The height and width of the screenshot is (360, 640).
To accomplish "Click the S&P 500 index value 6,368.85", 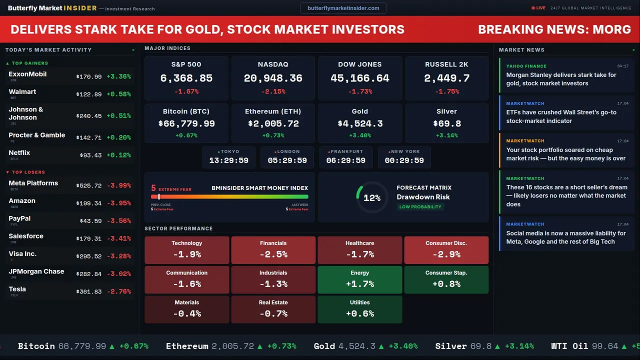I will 186,78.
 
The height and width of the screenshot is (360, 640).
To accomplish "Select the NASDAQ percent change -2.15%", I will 273,91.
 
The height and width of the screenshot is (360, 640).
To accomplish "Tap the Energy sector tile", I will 360,279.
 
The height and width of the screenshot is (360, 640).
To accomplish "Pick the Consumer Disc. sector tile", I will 446,249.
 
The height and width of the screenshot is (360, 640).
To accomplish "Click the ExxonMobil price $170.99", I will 89,77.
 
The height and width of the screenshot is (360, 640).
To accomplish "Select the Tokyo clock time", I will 229,160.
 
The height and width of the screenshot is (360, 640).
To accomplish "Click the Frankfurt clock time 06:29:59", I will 345,160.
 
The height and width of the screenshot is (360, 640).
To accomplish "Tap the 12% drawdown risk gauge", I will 372,198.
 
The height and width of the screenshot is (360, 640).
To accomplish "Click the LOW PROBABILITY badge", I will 420,207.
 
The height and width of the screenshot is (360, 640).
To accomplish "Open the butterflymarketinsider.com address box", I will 343,8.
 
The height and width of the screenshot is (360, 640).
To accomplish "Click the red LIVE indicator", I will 538,8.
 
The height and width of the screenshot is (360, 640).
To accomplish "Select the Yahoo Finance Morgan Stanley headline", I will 561,79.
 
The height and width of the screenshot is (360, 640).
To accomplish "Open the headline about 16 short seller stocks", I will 566,195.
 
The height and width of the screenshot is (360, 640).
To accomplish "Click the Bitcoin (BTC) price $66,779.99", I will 186,123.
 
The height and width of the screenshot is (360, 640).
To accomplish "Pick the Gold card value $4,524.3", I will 360,123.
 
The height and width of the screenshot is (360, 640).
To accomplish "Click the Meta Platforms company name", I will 33,183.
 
